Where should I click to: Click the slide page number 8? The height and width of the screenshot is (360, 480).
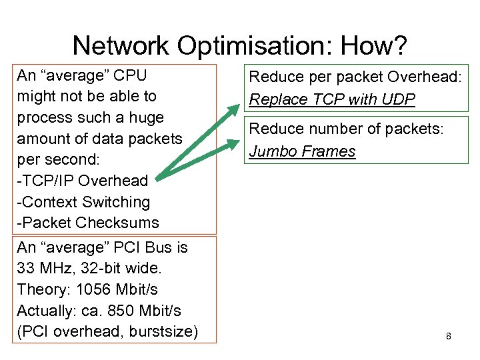pyautogui.click(x=449, y=336)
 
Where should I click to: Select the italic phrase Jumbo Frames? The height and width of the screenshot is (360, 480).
pyautogui.click(x=302, y=151)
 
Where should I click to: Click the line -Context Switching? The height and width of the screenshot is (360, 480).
pyautogui.click(x=83, y=201)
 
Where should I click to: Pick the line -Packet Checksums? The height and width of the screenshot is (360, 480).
pyautogui.click(x=88, y=222)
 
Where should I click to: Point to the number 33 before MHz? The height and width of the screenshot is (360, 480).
pyautogui.click(x=25, y=269)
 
